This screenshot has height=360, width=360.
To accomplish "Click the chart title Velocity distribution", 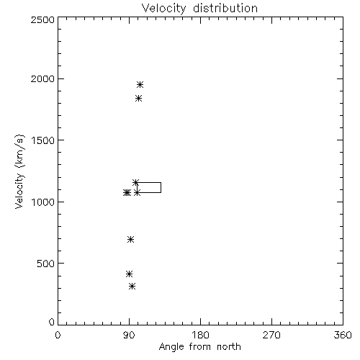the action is coord(199,8).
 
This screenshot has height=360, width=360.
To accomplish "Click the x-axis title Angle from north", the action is coord(199,346).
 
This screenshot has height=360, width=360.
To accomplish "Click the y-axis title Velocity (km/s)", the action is coord(19,171).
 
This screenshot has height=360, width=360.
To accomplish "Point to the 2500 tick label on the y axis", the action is coord(42,19).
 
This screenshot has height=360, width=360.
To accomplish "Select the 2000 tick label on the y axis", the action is coord(42,78).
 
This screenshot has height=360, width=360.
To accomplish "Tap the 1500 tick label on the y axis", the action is coord(43,140).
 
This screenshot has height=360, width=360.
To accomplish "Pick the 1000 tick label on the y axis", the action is coord(43,202).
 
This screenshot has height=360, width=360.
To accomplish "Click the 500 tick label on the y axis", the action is coord(45,264).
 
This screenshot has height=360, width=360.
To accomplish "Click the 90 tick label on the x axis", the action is coord(129,335).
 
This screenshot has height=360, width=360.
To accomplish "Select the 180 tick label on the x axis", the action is coord(200,335).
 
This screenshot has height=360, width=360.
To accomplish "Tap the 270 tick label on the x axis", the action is coord(271,335).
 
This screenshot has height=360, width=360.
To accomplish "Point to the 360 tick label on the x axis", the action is coord(343,335).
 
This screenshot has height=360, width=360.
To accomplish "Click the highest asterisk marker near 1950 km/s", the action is coord(140,84).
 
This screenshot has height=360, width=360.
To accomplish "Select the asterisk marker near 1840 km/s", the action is coord(138,98).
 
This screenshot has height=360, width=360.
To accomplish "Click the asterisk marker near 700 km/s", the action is coord(130,239).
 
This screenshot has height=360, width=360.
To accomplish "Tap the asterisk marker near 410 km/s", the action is coord(129,274).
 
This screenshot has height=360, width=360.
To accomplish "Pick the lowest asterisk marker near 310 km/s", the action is coord(132,286).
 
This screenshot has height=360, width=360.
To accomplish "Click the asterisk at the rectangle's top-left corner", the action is coord(135,182).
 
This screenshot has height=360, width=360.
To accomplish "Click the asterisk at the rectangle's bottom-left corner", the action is coord(137,192).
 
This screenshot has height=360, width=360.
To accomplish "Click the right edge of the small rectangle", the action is coord(161,187).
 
